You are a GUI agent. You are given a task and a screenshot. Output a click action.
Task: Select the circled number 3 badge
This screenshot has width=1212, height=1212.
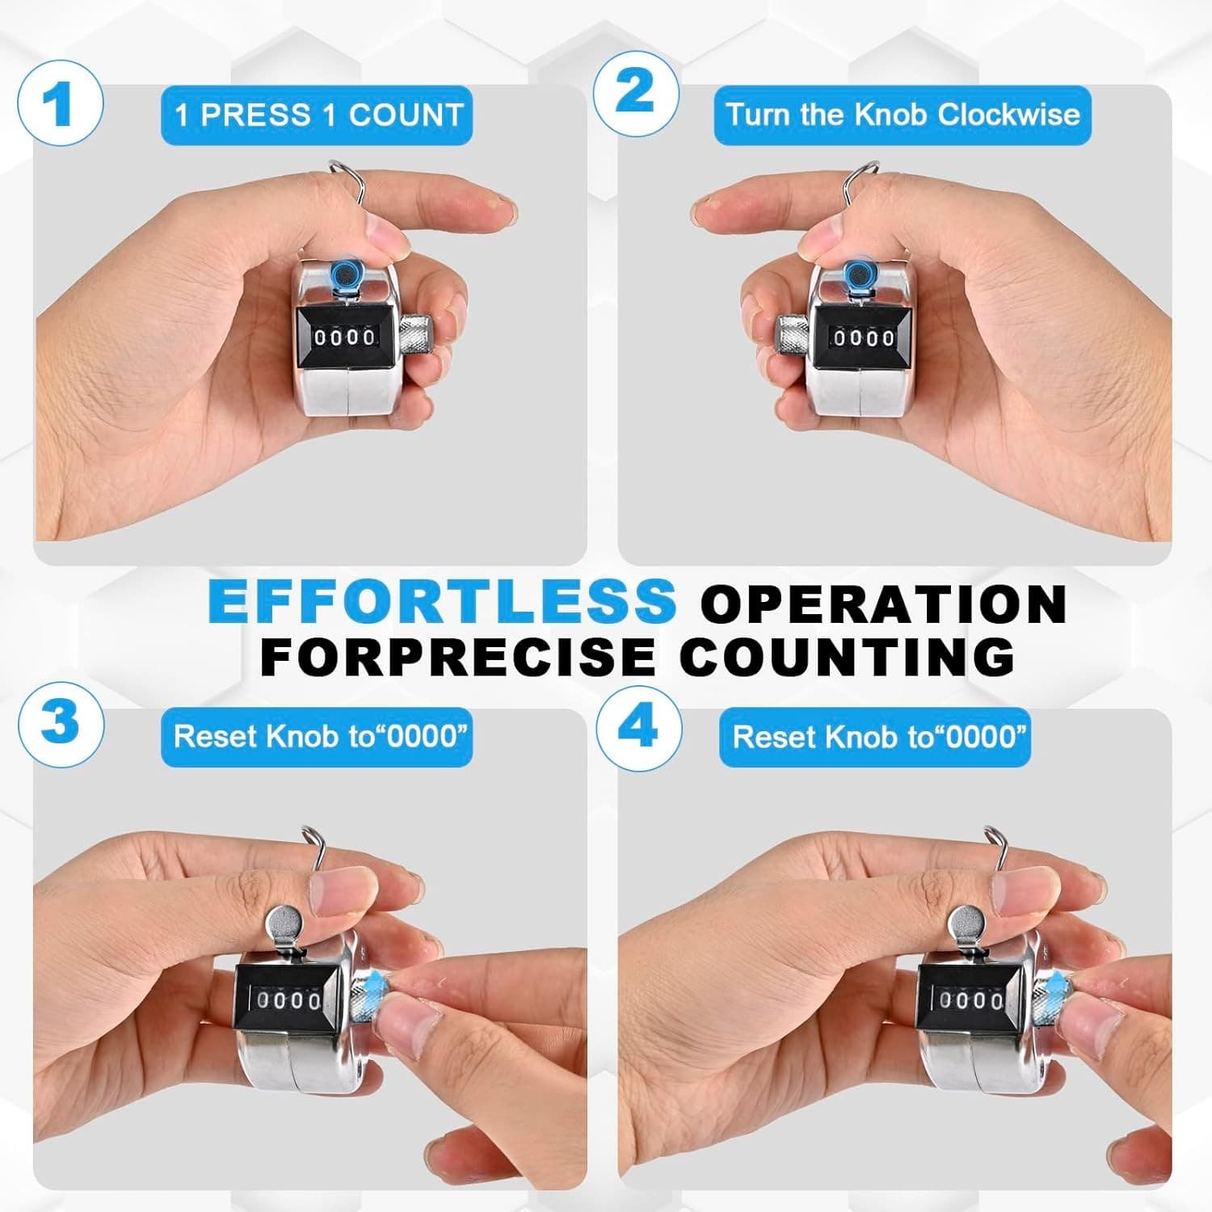coord(61,722)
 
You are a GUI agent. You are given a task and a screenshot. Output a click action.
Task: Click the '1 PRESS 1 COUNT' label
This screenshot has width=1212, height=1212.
coord(317,116)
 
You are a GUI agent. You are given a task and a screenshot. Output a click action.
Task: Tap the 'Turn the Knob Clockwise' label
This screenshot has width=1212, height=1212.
coord(903,115)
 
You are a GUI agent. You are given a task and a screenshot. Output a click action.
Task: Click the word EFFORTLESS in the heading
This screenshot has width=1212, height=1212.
coord(442,600)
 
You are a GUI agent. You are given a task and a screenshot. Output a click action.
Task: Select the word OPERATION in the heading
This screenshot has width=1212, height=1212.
coord(884,603)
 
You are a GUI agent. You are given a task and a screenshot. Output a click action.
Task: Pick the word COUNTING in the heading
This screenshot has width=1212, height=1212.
coord(847,655)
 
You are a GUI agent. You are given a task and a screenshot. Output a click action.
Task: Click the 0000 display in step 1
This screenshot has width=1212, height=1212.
coord(344,337)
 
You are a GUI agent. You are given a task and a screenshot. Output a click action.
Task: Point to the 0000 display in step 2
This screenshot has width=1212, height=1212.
coord(864,337)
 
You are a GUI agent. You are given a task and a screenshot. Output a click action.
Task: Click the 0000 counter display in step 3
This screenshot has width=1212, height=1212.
coord(288,1001)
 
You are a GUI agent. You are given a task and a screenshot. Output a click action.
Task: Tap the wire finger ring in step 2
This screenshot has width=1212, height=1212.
coord(858,194)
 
